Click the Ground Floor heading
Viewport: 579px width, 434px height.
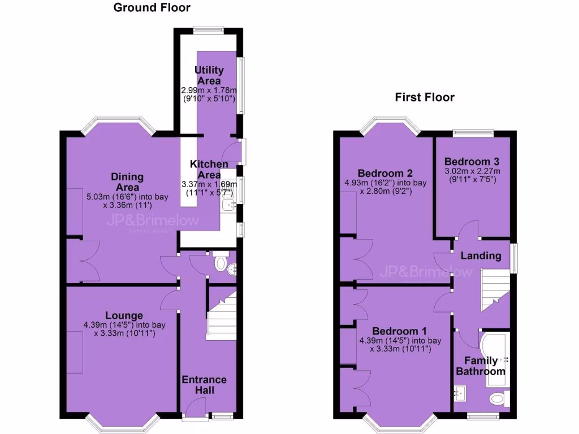(152, 8)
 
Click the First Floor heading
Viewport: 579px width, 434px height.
(424, 98)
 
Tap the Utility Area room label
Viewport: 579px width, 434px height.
(209, 75)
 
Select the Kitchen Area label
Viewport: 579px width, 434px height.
(209, 169)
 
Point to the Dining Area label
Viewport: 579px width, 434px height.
(127, 182)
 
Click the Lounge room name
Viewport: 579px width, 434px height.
(124, 315)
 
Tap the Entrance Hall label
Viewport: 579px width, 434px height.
(204, 384)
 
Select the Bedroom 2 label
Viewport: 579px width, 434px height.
(385, 173)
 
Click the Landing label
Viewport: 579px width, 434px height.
(481, 255)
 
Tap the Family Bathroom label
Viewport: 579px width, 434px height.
(481, 366)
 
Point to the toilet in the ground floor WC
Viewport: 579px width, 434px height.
(221, 264)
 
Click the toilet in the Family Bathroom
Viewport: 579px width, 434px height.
(498, 399)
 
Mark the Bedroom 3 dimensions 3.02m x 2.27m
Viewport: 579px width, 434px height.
(473, 171)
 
